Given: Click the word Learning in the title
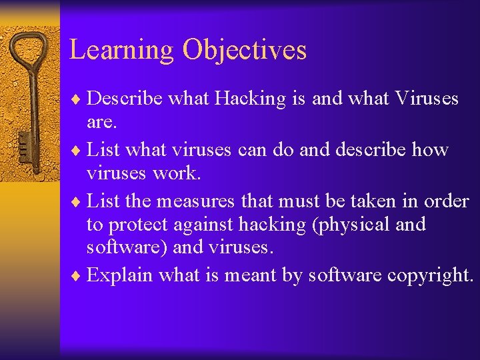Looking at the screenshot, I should [123, 50].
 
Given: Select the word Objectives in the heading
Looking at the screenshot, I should [245, 50].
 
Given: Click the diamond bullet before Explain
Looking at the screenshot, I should [79, 276].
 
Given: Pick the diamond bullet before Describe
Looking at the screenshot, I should [79, 99].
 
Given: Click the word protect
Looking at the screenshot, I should [141, 225].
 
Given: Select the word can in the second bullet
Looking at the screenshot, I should [252, 149].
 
